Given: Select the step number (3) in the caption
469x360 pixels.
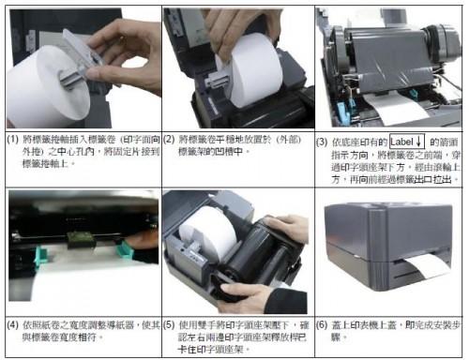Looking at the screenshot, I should tap(325, 140).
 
